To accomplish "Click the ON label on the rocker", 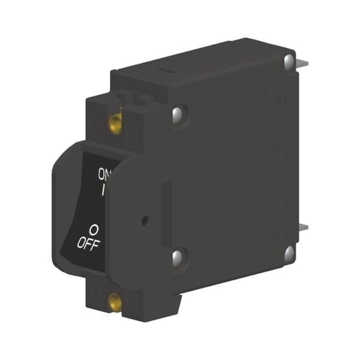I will pyautogui.click(x=103, y=174).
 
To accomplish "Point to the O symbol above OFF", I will pyautogui.click(x=94, y=229).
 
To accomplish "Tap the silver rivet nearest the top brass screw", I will pyautogui.click(x=177, y=114).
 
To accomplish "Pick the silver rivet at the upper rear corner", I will pyautogui.click(x=289, y=62).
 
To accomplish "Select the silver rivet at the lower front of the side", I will pyautogui.click(x=178, y=258).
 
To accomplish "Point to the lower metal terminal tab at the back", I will pyautogui.click(x=304, y=227).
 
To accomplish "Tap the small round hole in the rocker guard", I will pyautogui.click(x=145, y=220).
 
